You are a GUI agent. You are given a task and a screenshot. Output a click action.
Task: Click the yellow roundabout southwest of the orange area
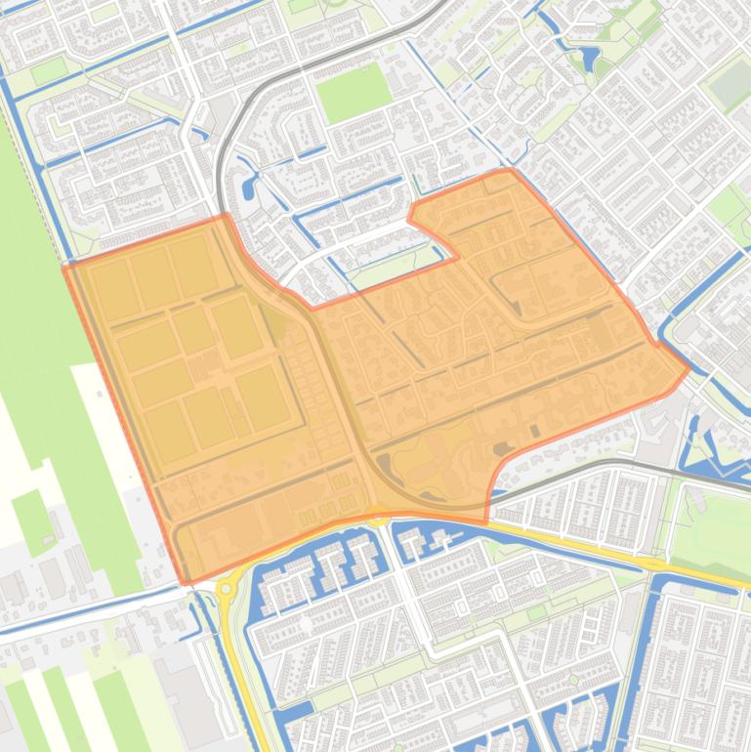coord(227,588)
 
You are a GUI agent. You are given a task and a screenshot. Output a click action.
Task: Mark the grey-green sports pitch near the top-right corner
coord(730,86)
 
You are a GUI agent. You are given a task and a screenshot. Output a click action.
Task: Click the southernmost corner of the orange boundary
coord(186,584)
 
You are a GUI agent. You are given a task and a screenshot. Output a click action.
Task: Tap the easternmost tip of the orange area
coord(689,368)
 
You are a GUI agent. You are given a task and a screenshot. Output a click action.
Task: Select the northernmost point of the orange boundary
coord(509,169)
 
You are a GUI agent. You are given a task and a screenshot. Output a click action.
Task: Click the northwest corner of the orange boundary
coord(65,265)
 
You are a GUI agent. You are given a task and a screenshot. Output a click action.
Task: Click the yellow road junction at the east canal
coord(656,566)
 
